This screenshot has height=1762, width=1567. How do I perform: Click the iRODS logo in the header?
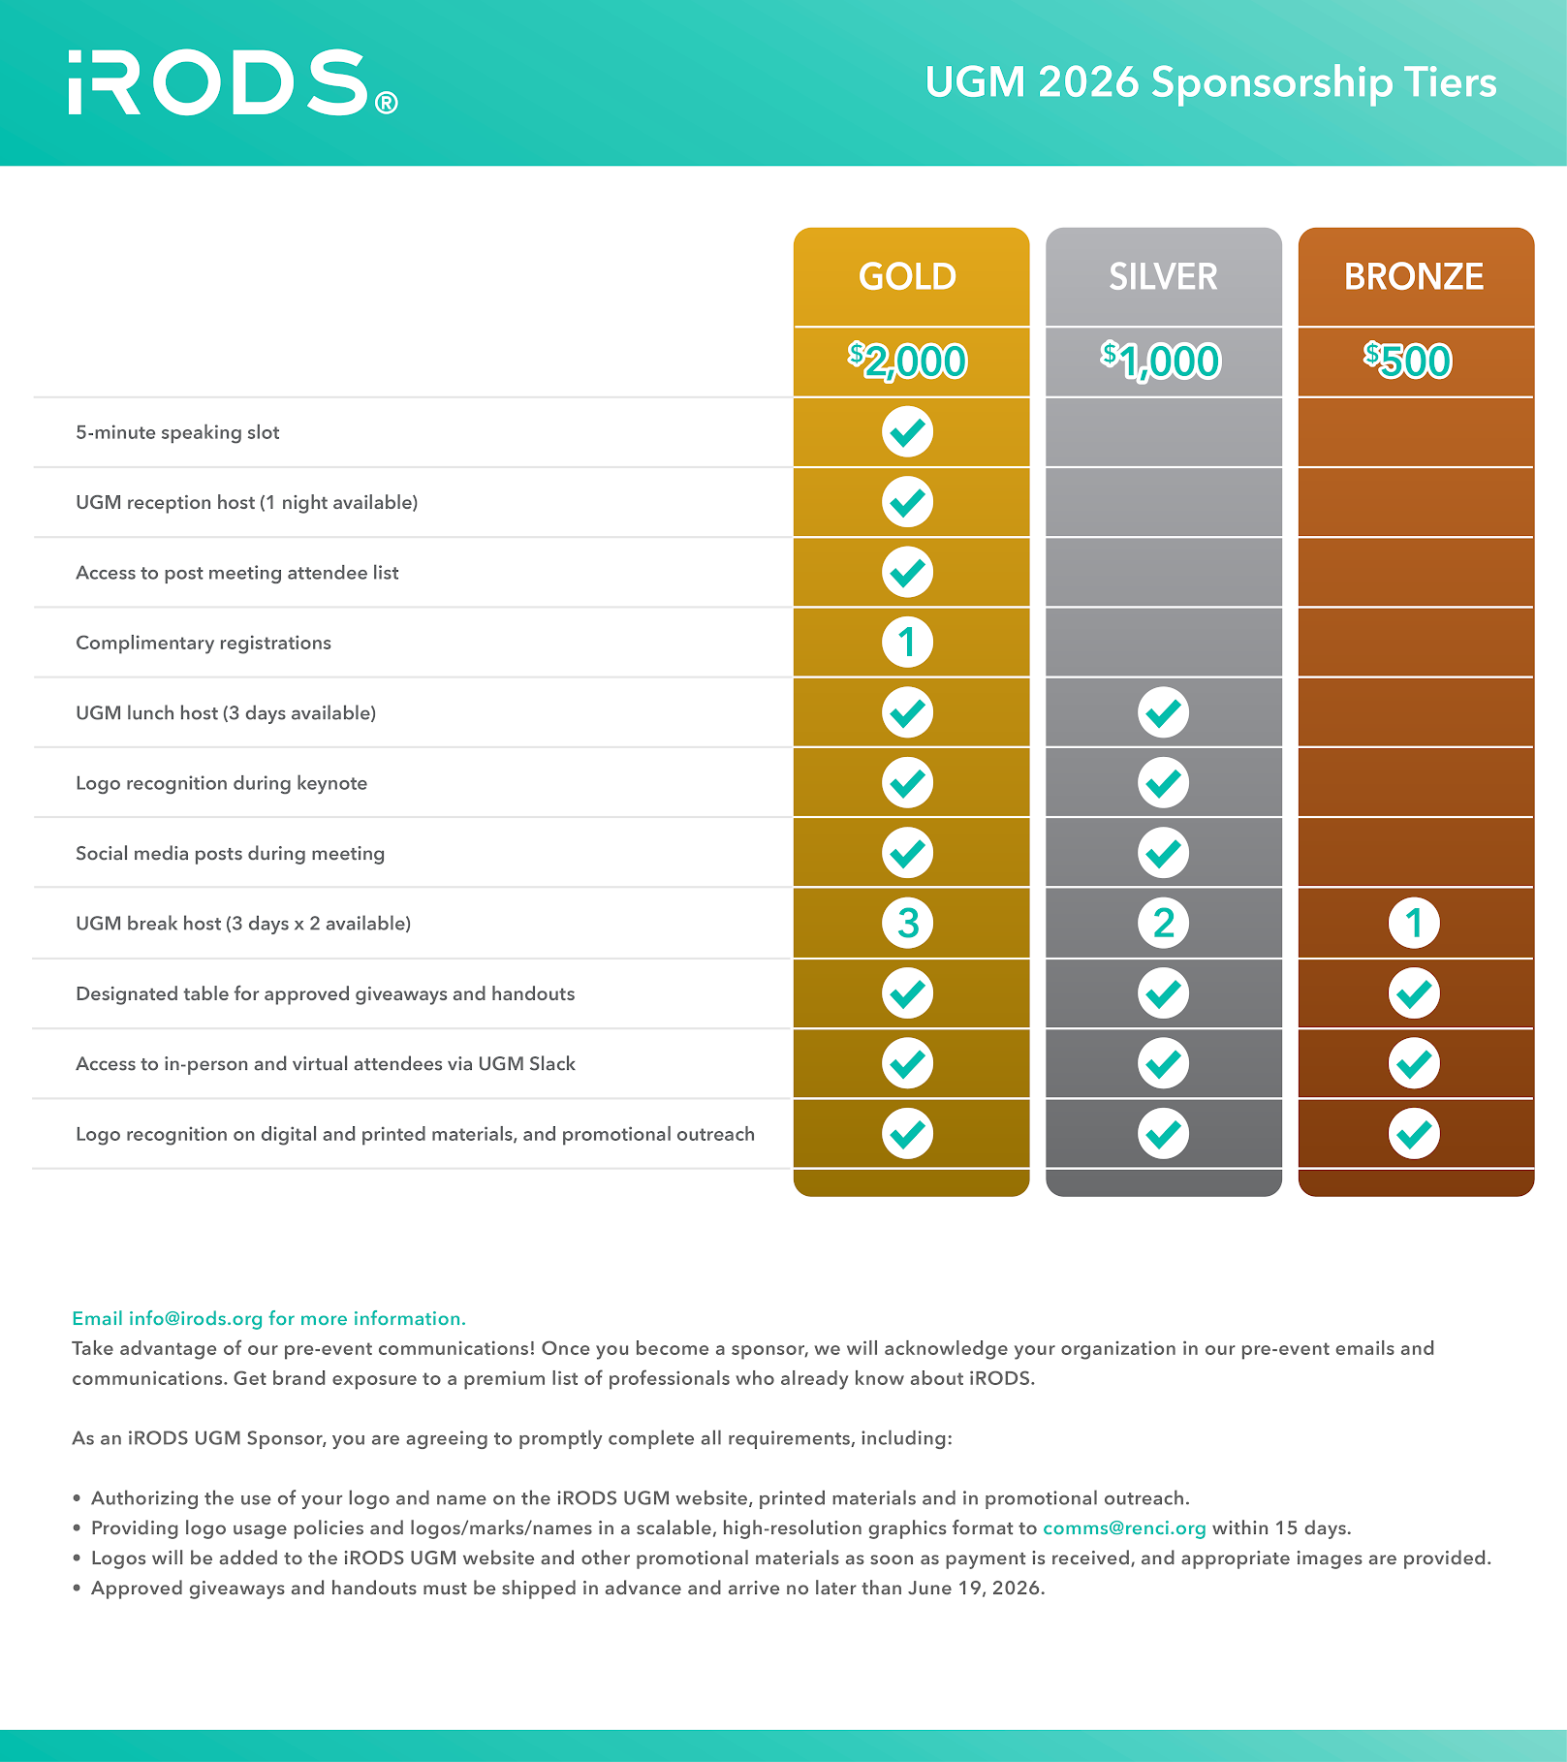(x=233, y=82)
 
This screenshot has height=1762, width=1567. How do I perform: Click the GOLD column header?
(x=908, y=276)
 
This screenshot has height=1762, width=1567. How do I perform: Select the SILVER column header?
(x=1163, y=276)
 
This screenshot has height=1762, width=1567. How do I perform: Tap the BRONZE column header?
(x=1414, y=276)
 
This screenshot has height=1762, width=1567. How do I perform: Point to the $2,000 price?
(x=908, y=362)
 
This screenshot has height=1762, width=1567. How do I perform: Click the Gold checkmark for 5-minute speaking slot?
(x=908, y=432)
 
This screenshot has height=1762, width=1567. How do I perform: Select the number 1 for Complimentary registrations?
(x=908, y=643)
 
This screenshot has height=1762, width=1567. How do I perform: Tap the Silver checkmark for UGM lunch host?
(x=1163, y=713)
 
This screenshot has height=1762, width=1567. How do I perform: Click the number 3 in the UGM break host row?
(x=908, y=924)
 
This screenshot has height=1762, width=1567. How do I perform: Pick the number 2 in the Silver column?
(x=1163, y=924)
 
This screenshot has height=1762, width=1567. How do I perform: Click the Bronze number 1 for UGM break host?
(x=1414, y=924)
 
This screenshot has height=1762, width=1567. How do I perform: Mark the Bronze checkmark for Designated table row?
(x=1414, y=993)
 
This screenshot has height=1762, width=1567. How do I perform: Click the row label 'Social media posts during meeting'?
(x=231, y=854)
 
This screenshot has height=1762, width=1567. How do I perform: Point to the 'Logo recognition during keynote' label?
(x=222, y=783)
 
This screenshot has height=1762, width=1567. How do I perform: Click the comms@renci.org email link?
(x=1124, y=1528)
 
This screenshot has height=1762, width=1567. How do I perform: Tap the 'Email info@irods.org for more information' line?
(x=268, y=1318)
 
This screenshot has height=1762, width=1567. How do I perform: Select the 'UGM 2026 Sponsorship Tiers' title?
(x=1210, y=82)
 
